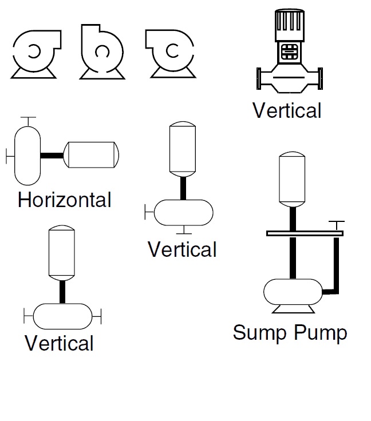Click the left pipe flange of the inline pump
[x=260, y=78]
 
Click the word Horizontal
[x=64, y=200]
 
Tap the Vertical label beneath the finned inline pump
[x=287, y=110]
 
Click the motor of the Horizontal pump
[x=92, y=154]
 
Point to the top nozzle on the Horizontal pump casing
[x=27, y=120]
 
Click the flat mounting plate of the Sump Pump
[x=304, y=233]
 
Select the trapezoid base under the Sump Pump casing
[x=293, y=308]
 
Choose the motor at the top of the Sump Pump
[x=293, y=179]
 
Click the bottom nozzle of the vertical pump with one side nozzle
[x=183, y=230]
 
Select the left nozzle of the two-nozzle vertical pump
[x=27, y=314]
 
